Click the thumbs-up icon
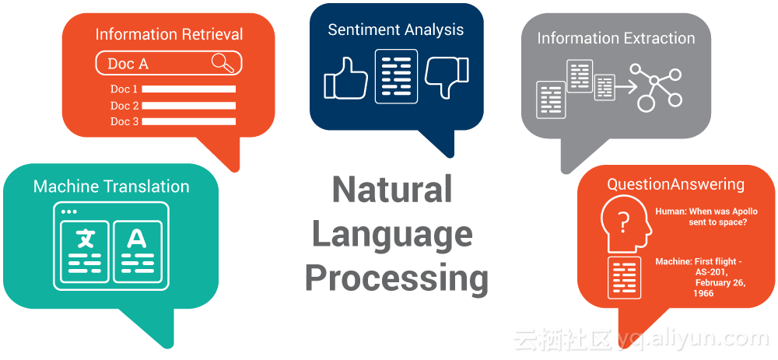(346, 79)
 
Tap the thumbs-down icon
(447, 77)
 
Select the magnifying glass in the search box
(223, 63)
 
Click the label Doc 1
(124, 89)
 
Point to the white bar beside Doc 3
(189, 121)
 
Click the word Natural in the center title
(392, 190)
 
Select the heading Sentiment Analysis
(396, 30)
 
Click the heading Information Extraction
(616, 38)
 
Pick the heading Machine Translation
(111, 187)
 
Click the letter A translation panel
(138, 251)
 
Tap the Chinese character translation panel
(85, 251)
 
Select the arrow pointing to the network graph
(626, 88)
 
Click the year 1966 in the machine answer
(703, 294)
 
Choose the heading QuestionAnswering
(676, 184)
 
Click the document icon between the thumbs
(396, 76)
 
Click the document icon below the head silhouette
(624, 278)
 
